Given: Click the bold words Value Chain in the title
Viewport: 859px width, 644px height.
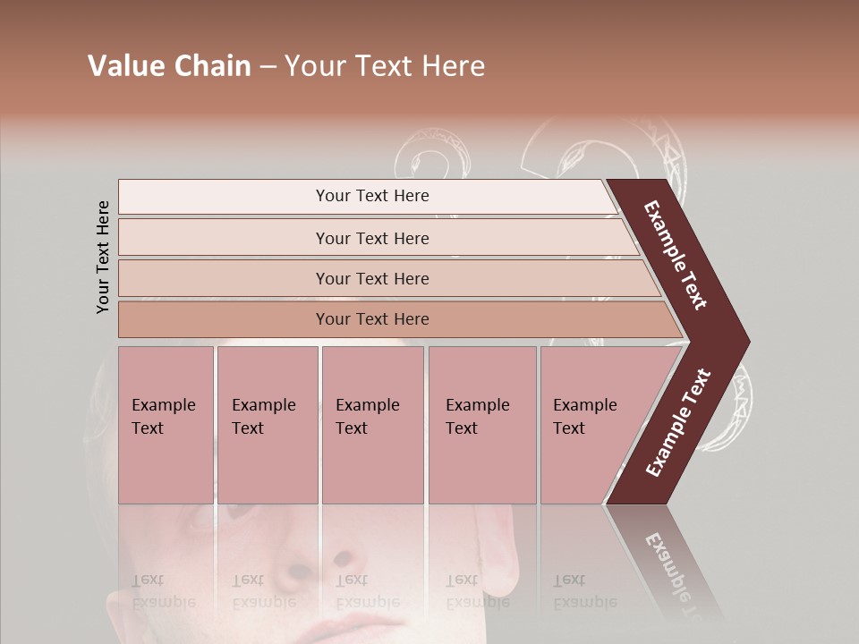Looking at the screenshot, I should click(x=169, y=66).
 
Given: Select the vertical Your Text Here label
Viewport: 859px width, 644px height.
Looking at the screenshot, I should click(x=104, y=257).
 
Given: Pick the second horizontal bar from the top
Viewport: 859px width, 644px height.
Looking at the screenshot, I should click(x=371, y=238).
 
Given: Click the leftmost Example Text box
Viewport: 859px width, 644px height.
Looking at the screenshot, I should click(x=166, y=425).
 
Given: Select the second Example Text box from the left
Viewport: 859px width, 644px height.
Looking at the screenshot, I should click(x=267, y=425).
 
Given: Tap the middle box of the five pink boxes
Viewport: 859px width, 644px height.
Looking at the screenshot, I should click(x=372, y=425).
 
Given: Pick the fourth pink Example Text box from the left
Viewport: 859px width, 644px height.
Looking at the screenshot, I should click(x=482, y=425).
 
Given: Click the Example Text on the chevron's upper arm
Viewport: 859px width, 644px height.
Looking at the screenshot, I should click(x=676, y=255).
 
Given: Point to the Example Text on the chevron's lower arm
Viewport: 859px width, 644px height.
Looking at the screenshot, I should click(x=677, y=423).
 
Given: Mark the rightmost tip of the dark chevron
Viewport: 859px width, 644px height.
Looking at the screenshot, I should click(x=748, y=342).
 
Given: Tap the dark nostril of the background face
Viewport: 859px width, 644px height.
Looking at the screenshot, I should click(x=342, y=558).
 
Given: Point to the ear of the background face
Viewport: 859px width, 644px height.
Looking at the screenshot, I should click(x=501, y=572).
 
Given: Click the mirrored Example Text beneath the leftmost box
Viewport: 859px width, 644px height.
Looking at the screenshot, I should click(x=164, y=591).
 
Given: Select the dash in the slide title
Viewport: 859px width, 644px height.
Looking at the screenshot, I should click(x=268, y=67).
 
